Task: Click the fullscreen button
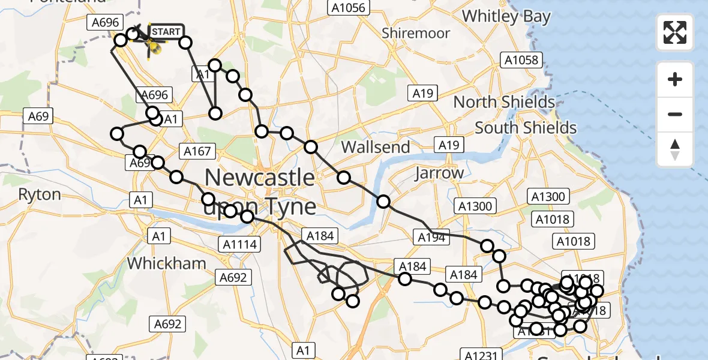(675, 32)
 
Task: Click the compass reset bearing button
(675, 149)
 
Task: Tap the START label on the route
(165, 31)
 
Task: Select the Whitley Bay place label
(506, 16)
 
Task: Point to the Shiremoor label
(416, 33)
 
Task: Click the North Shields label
(504, 102)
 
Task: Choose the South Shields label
(526, 128)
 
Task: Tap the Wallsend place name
(376, 147)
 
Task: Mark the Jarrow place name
(439, 173)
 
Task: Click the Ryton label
(40, 194)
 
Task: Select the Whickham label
(166, 263)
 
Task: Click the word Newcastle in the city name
(260, 178)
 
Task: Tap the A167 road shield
(197, 151)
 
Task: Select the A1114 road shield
(239, 244)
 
